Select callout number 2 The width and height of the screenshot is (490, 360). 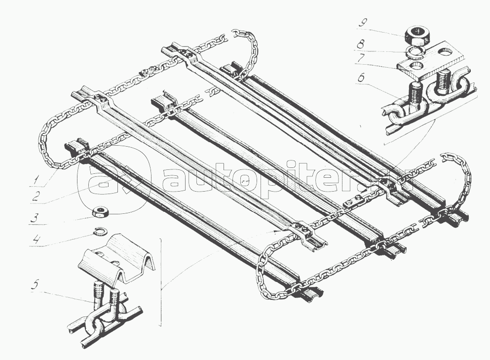pyautogui.click(x=36, y=197)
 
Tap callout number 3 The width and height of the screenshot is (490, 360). pyautogui.click(x=36, y=218)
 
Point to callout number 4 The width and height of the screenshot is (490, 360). pyautogui.click(x=37, y=240)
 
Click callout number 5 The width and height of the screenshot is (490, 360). pyautogui.click(x=35, y=285)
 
